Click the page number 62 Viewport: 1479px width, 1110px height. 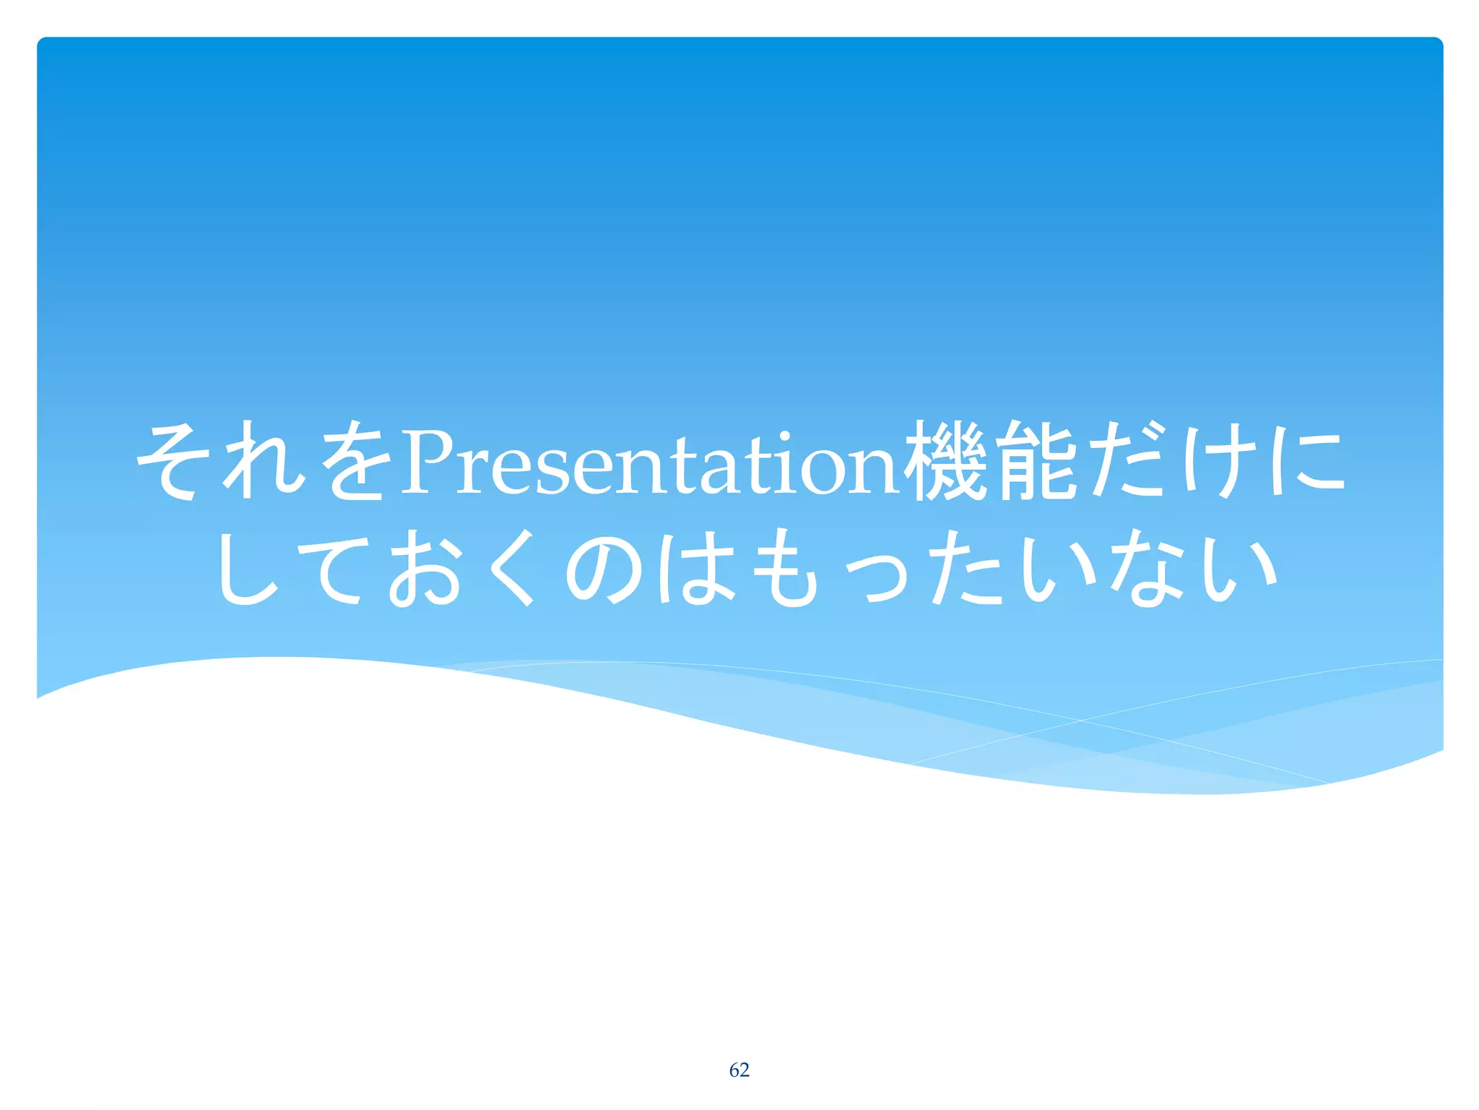click(739, 1070)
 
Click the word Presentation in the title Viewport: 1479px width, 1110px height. click(650, 463)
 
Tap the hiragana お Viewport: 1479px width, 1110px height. click(426, 568)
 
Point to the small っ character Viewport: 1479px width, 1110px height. click(874, 578)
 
